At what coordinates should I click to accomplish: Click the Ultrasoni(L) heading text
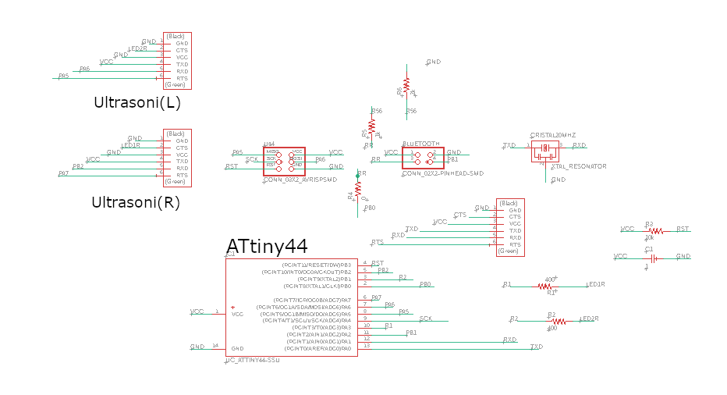pyautogui.click(x=137, y=102)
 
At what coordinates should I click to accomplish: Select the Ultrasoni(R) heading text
pyautogui.click(x=136, y=201)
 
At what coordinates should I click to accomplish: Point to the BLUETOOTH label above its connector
pyautogui.click(x=421, y=144)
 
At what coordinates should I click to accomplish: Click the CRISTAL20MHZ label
pyautogui.click(x=551, y=134)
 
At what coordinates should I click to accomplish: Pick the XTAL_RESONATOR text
pyautogui.click(x=578, y=166)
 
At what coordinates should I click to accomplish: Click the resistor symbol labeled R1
pyautogui.click(x=545, y=286)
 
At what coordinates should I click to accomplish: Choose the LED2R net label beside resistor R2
pyautogui.click(x=589, y=319)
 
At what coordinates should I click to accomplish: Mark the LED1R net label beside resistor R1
pyautogui.click(x=595, y=285)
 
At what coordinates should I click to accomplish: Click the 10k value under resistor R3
pyautogui.click(x=649, y=237)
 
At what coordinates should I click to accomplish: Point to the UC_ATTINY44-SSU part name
pyautogui.click(x=252, y=360)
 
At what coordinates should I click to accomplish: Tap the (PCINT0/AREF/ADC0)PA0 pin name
pyautogui.click(x=319, y=347)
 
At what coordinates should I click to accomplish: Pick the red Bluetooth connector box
pyautogui.click(x=423, y=157)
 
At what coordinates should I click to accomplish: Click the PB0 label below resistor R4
pyautogui.click(x=369, y=208)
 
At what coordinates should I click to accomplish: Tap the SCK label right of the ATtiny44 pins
pyautogui.click(x=425, y=318)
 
